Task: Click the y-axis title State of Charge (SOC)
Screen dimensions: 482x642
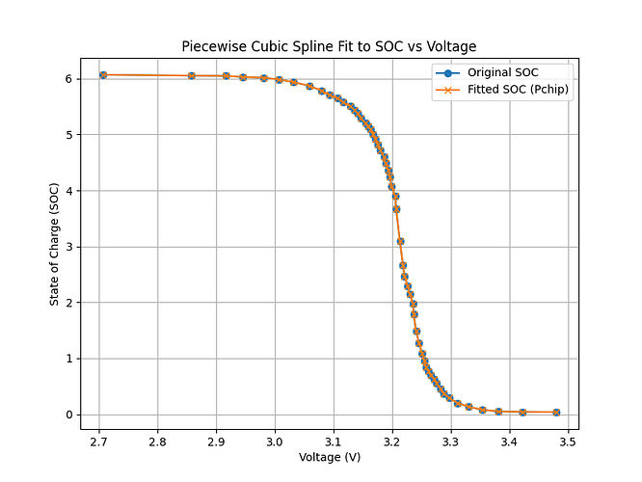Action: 55,243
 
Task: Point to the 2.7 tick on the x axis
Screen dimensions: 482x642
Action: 99,440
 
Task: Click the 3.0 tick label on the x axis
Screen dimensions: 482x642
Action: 275,440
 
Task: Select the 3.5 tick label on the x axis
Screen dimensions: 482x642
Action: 567,440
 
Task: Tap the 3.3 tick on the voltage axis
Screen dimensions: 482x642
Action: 450,440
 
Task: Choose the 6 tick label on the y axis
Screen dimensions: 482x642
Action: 69,78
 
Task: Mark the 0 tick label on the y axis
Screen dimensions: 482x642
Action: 69,415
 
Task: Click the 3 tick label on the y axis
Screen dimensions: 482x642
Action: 69,247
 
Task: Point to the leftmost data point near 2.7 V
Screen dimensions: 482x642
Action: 103,75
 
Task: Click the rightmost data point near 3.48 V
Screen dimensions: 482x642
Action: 556,413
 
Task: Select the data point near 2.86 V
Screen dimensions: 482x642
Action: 192,75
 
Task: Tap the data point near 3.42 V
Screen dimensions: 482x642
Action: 522,413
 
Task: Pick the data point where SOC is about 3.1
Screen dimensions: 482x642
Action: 400,241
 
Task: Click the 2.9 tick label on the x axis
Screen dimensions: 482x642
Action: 216,440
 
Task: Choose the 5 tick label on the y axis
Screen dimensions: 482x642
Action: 69,135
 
